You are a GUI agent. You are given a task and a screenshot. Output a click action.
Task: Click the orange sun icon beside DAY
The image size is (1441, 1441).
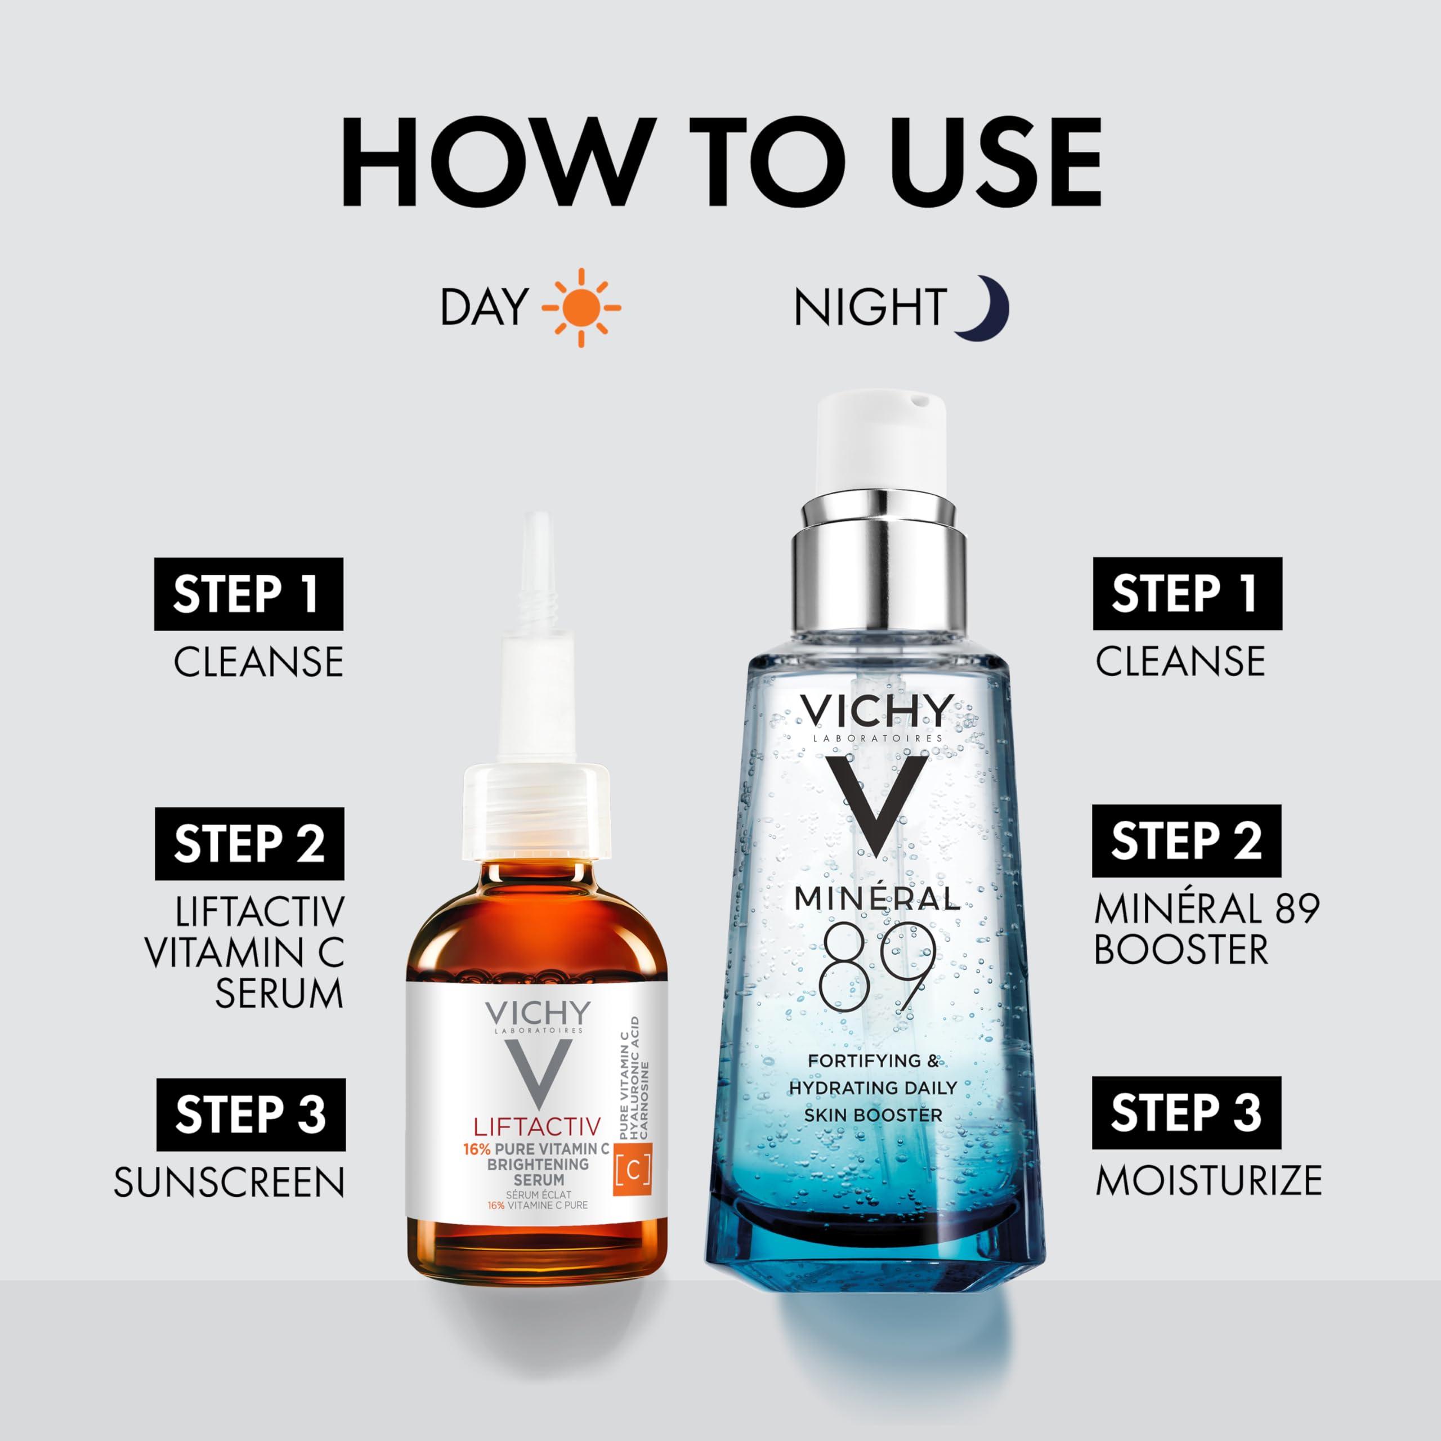[581, 307]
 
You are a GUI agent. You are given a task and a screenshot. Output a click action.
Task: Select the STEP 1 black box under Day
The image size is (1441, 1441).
[248, 594]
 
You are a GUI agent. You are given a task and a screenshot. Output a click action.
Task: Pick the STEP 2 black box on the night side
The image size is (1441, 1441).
[1187, 840]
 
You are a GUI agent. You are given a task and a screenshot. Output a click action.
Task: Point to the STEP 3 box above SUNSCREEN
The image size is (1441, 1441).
[250, 1115]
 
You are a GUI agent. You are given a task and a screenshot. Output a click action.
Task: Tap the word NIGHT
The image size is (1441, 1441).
[870, 307]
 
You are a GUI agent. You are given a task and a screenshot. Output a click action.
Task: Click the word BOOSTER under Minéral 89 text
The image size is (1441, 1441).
[1181, 950]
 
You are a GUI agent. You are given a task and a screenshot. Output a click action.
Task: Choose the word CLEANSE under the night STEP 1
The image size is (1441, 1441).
[1180, 661]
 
